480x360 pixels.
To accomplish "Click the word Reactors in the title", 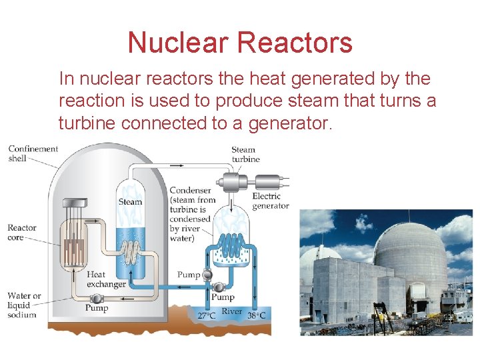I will [295, 43].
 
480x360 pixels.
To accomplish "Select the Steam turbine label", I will [245, 155].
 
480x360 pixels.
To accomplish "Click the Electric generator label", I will [271, 201].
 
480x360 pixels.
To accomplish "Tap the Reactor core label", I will [22, 232].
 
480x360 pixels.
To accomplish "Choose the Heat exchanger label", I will [106, 279].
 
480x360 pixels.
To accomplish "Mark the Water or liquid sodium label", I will [24, 305].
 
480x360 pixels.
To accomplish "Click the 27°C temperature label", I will [204, 315].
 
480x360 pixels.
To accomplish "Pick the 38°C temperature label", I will [256, 315].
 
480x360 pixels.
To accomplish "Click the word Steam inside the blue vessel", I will [130, 201].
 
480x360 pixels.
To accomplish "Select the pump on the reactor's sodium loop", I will [97, 299].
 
